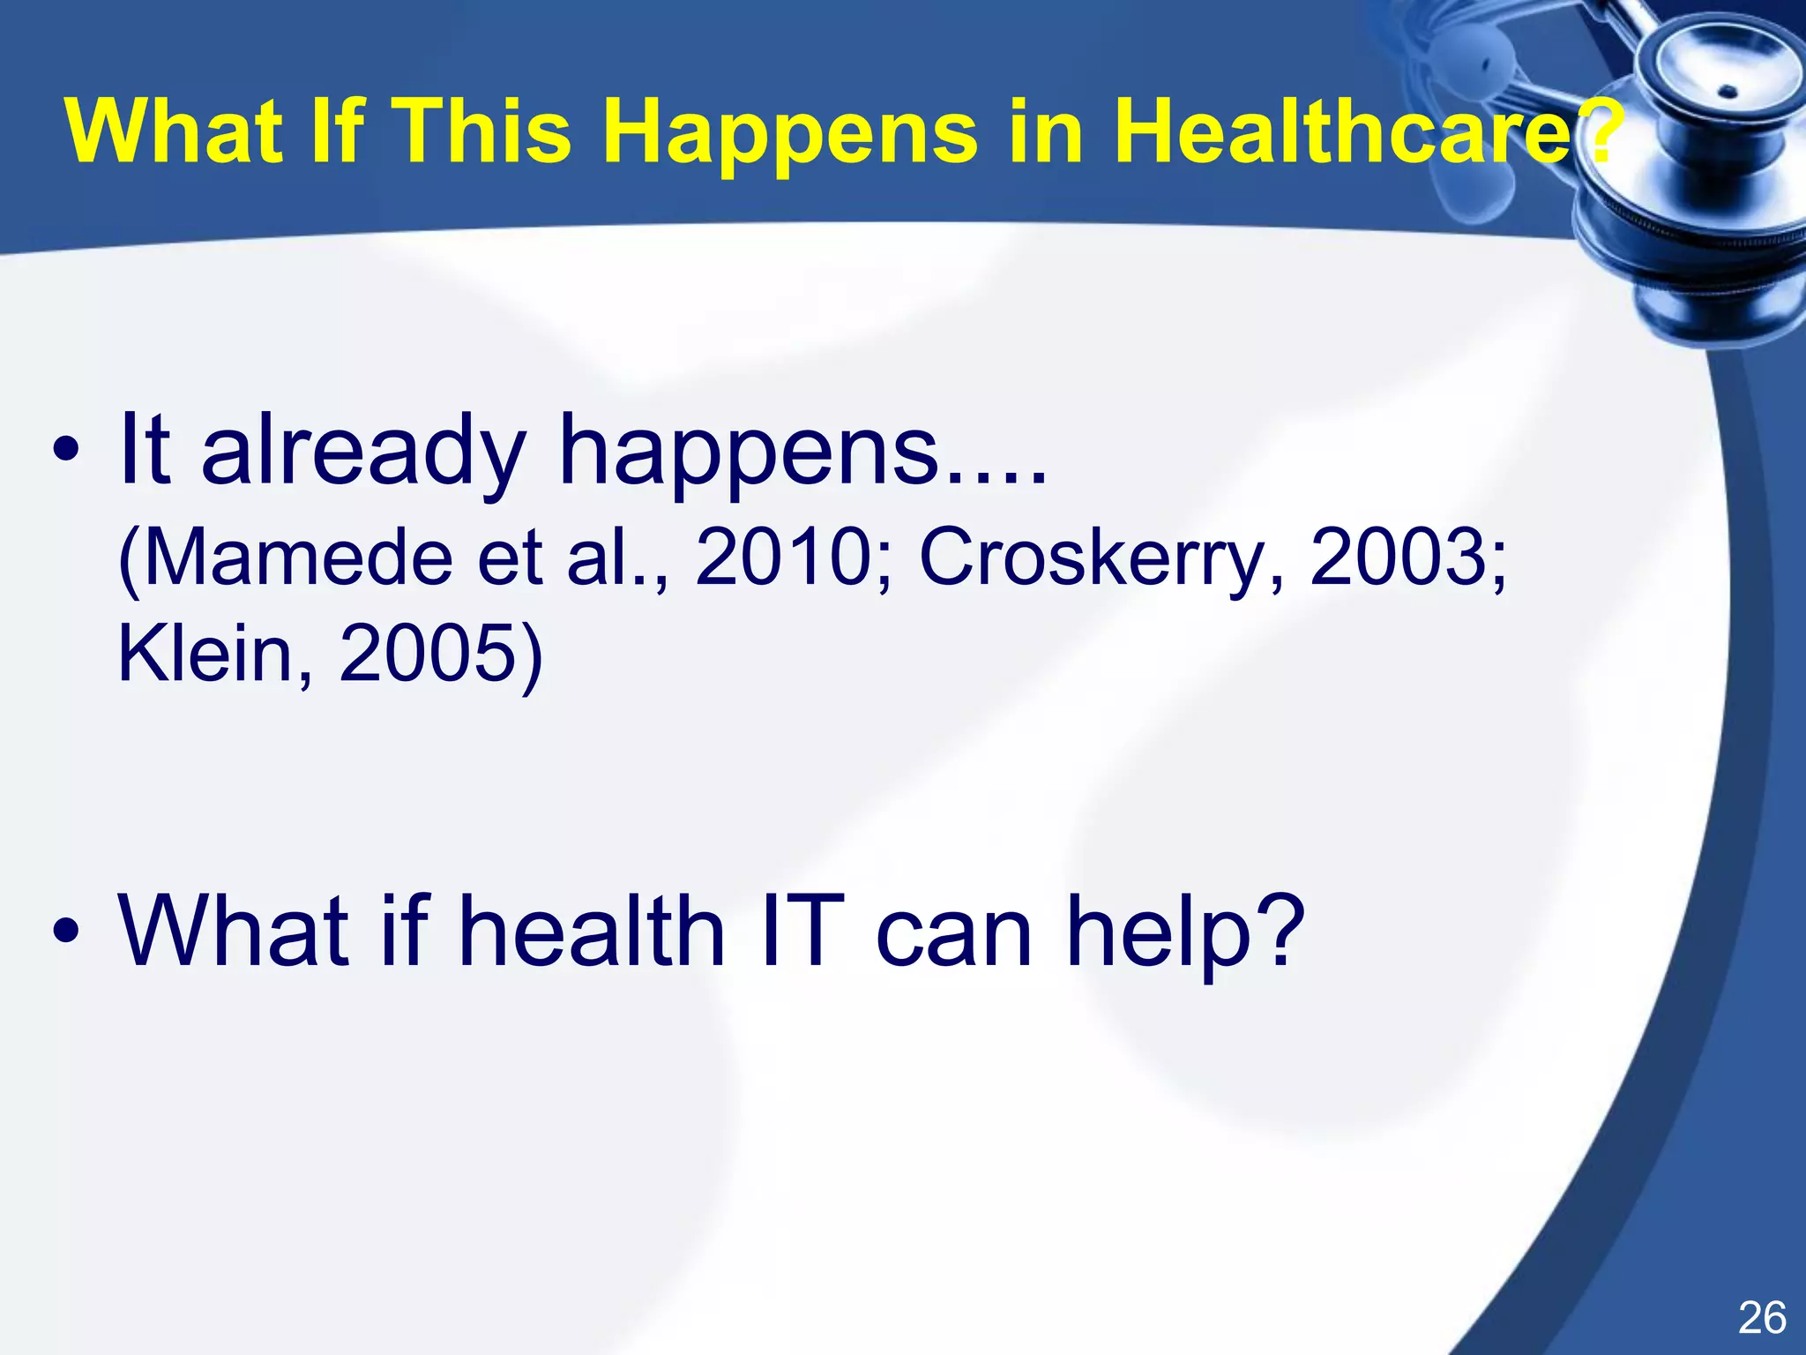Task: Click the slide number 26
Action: [1762, 1318]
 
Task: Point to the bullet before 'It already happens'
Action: [65, 452]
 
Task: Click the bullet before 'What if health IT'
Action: [65, 931]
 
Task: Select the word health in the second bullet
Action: [592, 931]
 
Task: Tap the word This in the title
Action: [485, 132]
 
